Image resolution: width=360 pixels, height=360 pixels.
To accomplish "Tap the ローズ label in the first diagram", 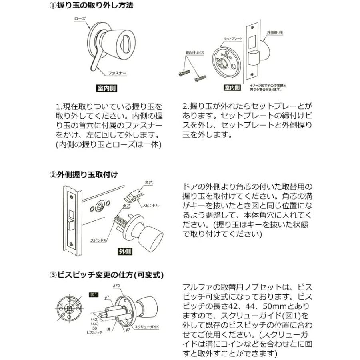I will coord(81,19).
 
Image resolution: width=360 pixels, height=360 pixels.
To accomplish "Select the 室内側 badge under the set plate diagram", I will coord(232,88).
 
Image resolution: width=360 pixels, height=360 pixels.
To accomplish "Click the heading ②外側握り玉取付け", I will coord(83,174).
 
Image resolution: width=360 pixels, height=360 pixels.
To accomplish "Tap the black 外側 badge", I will coord(125,252).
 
